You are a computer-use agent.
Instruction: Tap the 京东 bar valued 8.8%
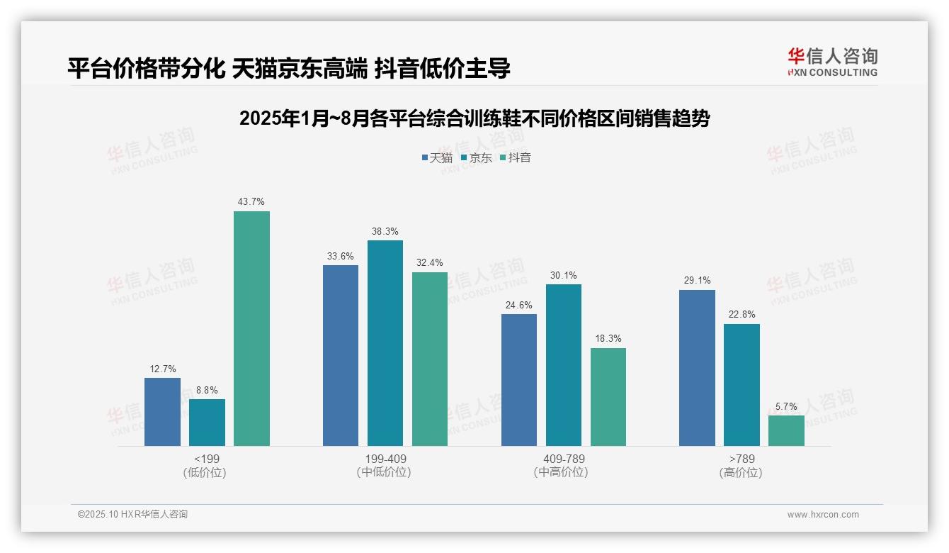pos(207,423)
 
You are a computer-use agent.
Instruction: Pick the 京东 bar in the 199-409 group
pos(385,343)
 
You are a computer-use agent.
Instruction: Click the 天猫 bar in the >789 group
pos(697,368)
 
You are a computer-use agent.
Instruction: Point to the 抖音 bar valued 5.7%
pos(786,430)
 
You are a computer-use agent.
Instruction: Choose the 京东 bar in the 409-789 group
pos(564,365)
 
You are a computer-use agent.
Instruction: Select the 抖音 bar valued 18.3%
pos(608,397)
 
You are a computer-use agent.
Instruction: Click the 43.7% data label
pos(251,202)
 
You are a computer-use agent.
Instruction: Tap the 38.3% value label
pos(385,231)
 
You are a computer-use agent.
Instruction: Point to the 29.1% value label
pos(697,281)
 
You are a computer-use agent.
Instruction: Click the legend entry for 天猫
pos(436,157)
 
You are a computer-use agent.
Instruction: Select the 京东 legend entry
pos(476,157)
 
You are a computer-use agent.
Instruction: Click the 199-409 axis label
pos(385,459)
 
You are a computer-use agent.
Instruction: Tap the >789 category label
pos(741,459)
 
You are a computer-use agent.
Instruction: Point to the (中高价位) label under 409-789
pos(561,472)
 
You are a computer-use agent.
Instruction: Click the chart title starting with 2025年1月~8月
pos(474,118)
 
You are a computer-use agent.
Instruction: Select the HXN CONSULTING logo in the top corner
pos(832,62)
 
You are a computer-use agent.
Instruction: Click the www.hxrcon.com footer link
pos(823,515)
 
